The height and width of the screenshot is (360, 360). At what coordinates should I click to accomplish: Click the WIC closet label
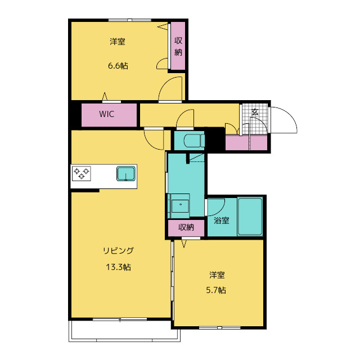click(106, 114)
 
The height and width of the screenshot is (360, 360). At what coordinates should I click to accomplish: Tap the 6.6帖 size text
click(118, 66)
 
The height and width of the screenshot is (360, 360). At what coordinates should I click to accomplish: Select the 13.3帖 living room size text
click(118, 267)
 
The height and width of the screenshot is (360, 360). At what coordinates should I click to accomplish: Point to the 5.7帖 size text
click(216, 290)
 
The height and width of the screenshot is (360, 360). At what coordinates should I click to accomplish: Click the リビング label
click(118, 250)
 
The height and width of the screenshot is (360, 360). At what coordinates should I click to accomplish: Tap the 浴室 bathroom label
click(221, 220)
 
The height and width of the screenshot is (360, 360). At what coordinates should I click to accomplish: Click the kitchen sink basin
click(126, 173)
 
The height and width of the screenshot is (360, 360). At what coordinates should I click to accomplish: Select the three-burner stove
click(81, 173)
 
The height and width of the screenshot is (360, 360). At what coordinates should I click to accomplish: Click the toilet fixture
click(194, 141)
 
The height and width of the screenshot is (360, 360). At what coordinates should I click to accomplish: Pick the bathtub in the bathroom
click(250, 217)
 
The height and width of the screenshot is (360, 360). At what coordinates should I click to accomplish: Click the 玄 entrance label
click(255, 112)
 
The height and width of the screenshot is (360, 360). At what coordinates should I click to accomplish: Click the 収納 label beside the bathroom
click(186, 227)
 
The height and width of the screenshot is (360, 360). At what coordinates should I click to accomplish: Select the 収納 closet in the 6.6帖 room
click(178, 46)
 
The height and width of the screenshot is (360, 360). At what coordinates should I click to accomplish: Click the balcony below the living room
click(124, 331)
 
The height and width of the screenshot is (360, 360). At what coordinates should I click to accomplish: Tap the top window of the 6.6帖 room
click(130, 20)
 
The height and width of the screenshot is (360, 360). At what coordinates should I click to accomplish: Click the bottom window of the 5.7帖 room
click(220, 327)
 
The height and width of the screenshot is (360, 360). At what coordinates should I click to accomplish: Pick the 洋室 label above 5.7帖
click(217, 275)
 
